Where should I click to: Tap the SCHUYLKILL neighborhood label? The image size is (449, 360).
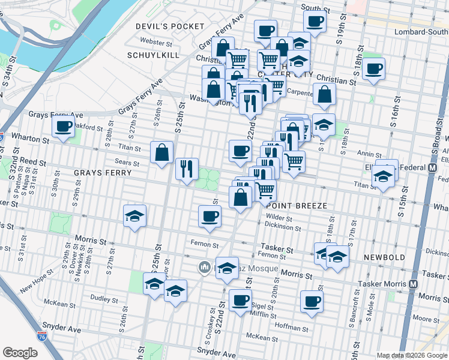tap(152, 55)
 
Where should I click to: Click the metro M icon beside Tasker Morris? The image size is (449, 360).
tap(412, 284)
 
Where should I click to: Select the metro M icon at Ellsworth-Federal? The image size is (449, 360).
tap(432, 169)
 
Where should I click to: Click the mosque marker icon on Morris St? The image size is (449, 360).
tap(204, 266)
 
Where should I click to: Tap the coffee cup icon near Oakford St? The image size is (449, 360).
tap(63, 127)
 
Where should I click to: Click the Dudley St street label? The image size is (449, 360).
tap(103, 298)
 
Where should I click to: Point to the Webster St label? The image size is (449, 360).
tap(155, 42)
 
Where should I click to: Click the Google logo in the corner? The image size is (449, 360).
tap(20, 353)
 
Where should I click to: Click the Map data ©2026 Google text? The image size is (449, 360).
tap(412, 355)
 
